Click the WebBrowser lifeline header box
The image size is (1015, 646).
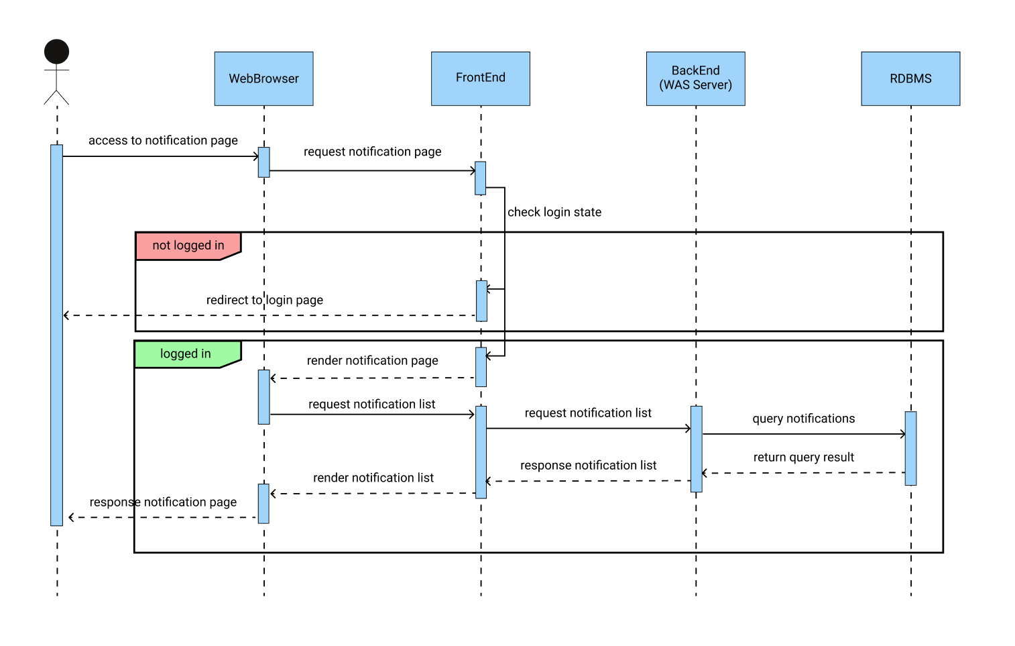click(263, 78)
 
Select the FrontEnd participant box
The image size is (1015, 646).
click(480, 78)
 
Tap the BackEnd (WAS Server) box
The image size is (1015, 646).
click(695, 78)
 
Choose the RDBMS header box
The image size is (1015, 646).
click(910, 78)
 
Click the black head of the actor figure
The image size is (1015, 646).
click(56, 52)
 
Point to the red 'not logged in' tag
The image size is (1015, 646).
click(188, 246)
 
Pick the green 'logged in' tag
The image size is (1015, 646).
click(186, 354)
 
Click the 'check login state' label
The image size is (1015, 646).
click(554, 212)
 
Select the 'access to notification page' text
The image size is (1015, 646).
click(163, 140)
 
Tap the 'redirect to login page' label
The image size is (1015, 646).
click(264, 300)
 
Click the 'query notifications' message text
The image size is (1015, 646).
click(803, 419)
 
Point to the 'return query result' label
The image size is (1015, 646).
click(803, 457)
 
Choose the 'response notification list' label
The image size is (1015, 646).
click(588, 466)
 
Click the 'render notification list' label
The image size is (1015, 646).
click(373, 478)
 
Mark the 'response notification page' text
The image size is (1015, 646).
click(163, 502)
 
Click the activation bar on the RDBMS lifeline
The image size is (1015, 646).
click(910, 448)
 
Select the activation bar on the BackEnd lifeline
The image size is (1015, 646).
click(696, 448)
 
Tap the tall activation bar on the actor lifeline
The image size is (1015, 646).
click(56, 335)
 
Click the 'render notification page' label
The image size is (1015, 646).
click(372, 361)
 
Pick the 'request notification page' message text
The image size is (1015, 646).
click(372, 152)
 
